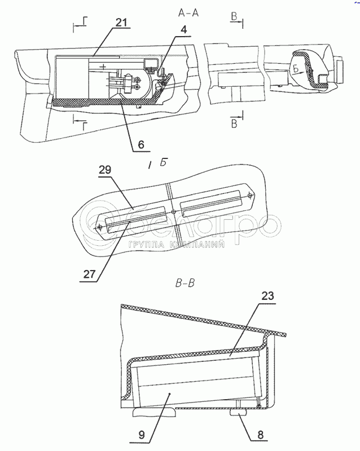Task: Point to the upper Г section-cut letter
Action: pos(84,22)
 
